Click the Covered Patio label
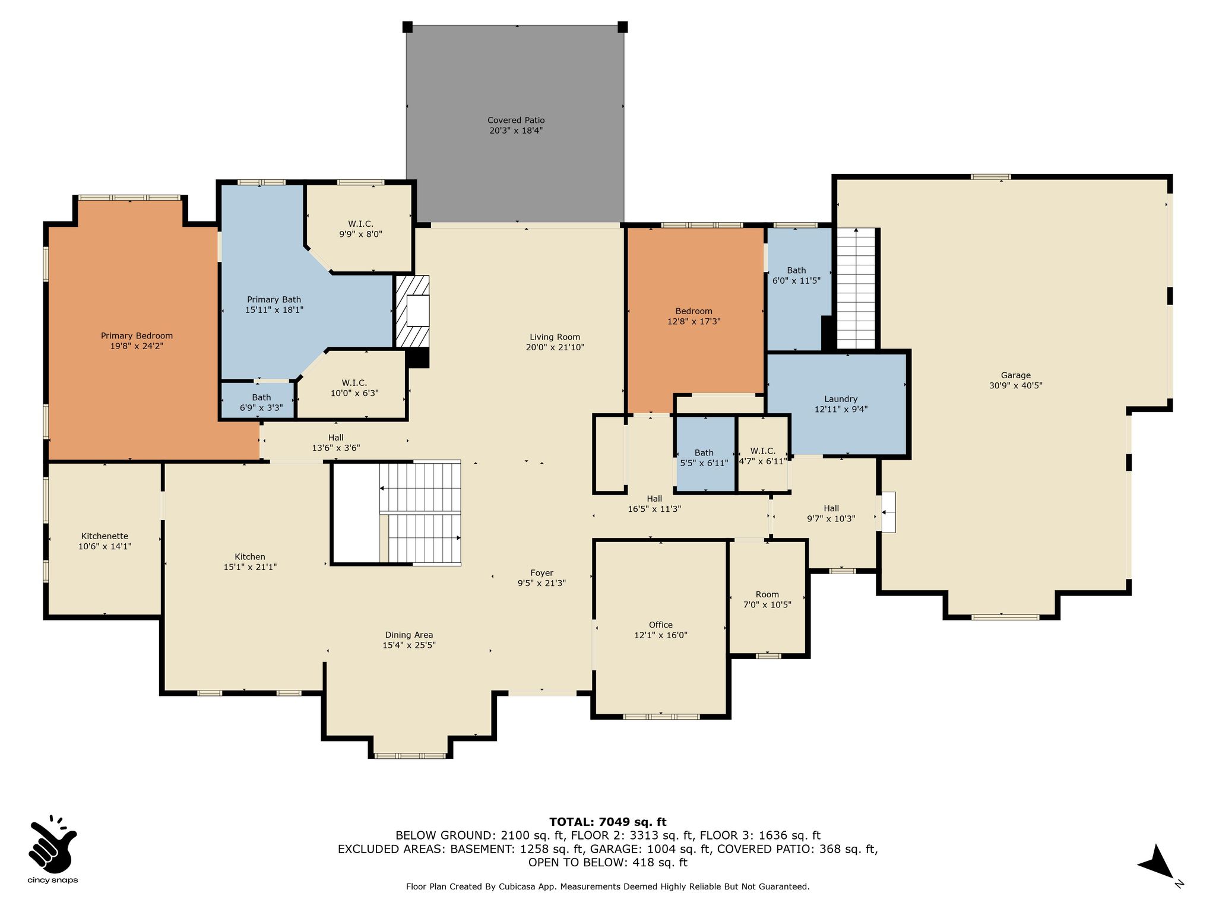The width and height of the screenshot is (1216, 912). click(516, 121)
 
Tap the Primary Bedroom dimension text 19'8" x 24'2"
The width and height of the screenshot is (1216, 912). click(137, 346)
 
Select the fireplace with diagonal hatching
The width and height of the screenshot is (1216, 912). click(412, 311)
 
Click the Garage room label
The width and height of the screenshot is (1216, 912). click(1015, 375)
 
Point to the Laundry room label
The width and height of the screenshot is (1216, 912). click(841, 399)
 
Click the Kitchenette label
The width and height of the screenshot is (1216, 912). click(104, 536)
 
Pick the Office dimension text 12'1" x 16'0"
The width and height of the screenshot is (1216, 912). click(661, 635)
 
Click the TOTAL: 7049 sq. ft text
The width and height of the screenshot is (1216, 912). click(607, 822)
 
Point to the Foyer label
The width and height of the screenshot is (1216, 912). click(541, 573)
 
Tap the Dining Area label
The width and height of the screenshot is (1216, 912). click(409, 635)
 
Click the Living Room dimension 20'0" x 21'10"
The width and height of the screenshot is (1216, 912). click(555, 347)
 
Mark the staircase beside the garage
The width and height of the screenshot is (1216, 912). click(856, 289)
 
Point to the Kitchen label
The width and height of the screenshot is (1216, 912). click(250, 557)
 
